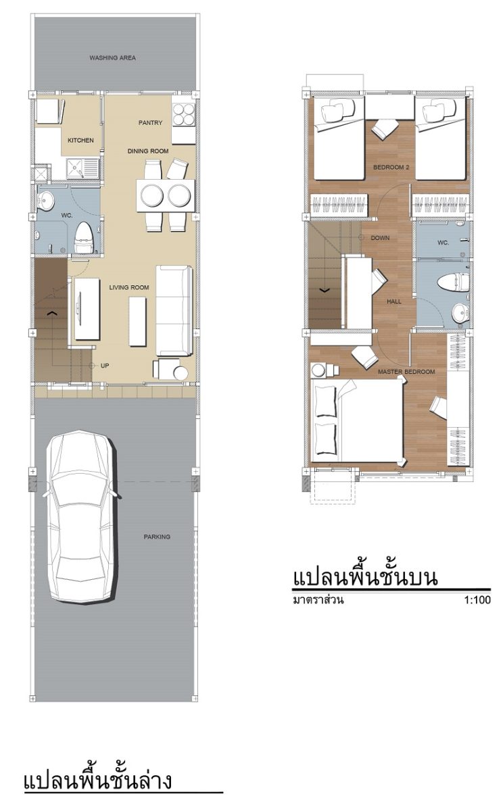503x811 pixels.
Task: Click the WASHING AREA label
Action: click(x=113, y=57)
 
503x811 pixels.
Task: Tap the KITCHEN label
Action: click(x=80, y=140)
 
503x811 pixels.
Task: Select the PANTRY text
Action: click(x=150, y=123)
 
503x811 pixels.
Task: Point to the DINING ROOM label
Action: click(x=148, y=151)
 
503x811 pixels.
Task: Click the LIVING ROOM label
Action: click(x=129, y=287)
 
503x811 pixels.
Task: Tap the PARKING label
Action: click(x=157, y=537)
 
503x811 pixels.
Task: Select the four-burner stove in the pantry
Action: click(x=184, y=114)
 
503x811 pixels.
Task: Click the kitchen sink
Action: click(x=82, y=169)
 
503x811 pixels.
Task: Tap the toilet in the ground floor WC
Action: click(x=84, y=238)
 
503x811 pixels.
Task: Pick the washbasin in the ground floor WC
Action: click(x=45, y=200)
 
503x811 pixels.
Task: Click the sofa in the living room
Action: click(x=174, y=311)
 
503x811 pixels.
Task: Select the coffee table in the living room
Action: click(x=138, y=322)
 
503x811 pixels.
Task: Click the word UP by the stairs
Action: click(x=105, y=366)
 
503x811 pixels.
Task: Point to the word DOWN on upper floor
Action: click(x=380, y=238)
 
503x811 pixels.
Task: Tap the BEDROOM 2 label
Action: click(x=391, y=168)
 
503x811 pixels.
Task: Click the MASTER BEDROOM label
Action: click(x=406, y=372)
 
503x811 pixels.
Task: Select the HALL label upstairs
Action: click(x=394, y=301)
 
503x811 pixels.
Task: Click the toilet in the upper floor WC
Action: click(x=453, y=282)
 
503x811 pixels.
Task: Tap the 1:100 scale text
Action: click(x=477, y=600)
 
